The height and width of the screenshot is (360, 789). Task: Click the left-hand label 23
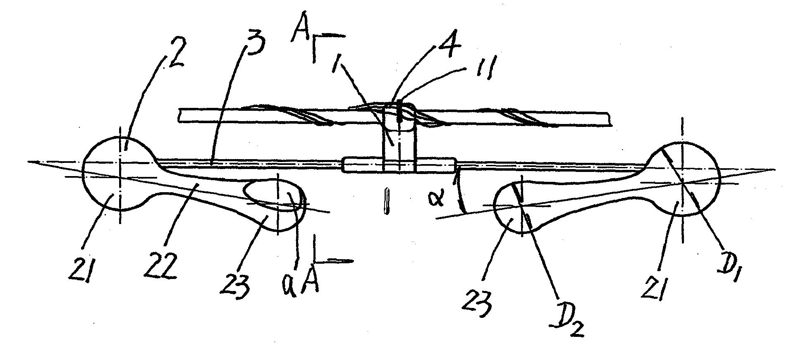point(235,285)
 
